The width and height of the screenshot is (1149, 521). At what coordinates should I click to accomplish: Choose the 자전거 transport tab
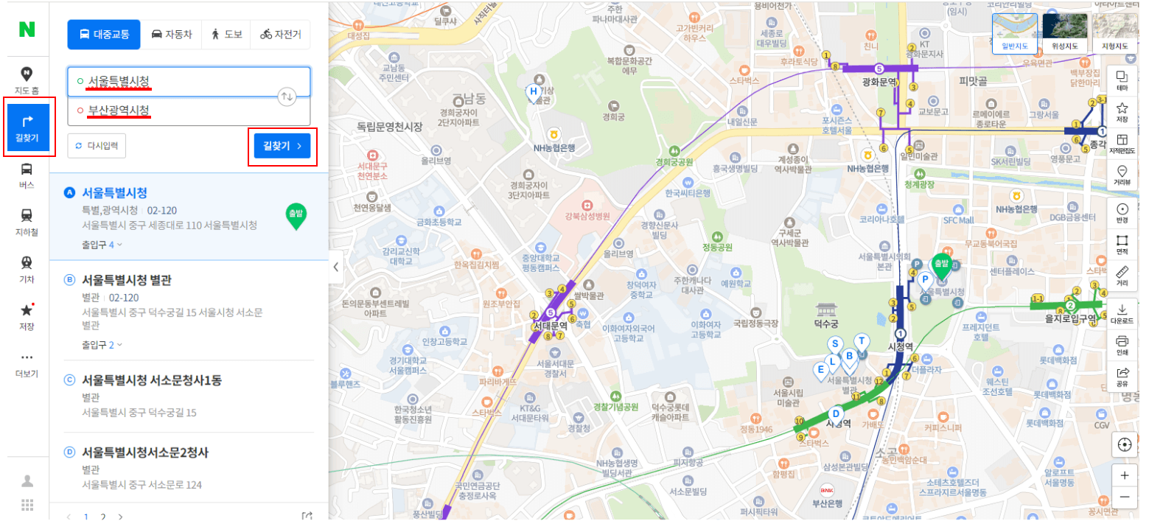tap(280, 34)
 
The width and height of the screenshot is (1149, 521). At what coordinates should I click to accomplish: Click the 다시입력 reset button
tap(97, 146)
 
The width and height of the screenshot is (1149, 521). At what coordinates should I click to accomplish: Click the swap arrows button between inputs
tap(287, 97)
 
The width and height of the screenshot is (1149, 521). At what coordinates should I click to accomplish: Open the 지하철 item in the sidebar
tap(27, 222)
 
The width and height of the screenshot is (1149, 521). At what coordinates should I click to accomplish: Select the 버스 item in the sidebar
tap(27, 175)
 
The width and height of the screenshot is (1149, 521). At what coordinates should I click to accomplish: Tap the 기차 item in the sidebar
tap(27, 269)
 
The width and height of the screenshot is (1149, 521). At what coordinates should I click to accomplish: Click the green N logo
tap(27, 29)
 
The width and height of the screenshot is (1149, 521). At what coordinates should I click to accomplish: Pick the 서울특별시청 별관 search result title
tap(126, 280)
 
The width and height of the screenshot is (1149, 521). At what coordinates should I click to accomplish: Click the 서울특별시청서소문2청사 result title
tap(145, 452)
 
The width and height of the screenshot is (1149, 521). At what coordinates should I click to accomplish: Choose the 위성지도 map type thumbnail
tap(1064, 33)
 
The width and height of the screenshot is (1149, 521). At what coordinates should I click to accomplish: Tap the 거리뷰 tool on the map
tap(1122, 175)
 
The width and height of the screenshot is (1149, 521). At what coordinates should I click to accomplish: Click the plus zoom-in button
tap(1124, 475)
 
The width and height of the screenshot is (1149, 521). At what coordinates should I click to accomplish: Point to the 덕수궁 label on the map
tap(826, 323)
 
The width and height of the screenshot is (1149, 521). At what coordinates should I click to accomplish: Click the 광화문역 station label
tap(878, 82)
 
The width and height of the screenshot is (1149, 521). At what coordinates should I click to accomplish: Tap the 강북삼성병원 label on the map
tap(587, 217)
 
